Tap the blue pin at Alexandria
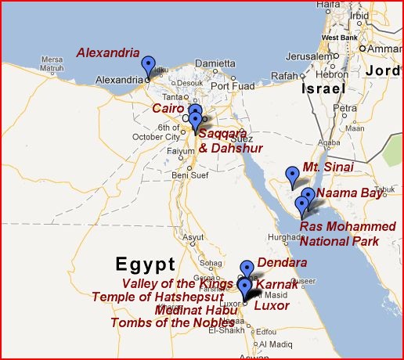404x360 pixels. (x=148, y=67)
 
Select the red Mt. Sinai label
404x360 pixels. (x=328, y=167)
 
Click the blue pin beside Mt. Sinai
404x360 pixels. (x=293, y=176)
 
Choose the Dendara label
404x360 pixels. (x=282, y=263)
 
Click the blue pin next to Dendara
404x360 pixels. (x=247, y=269)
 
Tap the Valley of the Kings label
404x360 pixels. (x=177, y=283)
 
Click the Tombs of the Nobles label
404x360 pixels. (x=172, y=322)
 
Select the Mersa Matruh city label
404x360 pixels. (x=52, y=63)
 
